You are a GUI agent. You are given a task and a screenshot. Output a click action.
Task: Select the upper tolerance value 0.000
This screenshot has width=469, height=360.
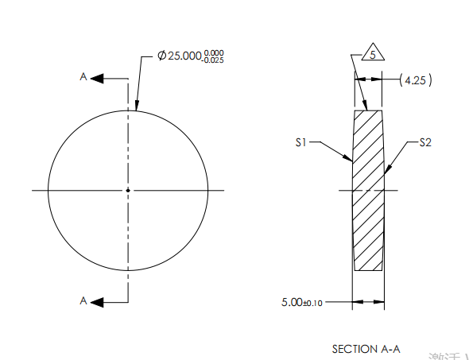tap(213, 52)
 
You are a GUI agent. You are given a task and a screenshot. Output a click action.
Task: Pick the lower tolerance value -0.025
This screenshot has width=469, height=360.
tap(212, 60)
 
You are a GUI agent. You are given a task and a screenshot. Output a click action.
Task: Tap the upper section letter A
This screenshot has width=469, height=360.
tap(83, 77)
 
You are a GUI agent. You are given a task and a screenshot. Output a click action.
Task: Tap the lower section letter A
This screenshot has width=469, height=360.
tap(83, 300)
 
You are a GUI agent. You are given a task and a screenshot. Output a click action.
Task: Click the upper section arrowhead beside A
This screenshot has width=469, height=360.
tap(98, 78)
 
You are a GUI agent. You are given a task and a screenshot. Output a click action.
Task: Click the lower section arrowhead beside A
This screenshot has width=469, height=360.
tap(98, 301)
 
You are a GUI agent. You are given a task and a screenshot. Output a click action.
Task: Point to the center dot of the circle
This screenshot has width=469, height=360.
tap(127, 190)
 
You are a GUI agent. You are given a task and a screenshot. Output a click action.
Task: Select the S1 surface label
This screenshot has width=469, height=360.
tap(300, 143)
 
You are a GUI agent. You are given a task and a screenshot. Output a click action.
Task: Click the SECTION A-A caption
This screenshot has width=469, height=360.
tap(366, 349)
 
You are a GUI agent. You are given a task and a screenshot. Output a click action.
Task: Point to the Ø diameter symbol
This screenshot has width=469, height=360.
tap(161, 56)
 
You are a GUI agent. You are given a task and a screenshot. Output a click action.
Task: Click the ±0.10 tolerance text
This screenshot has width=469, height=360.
tap(316, 303)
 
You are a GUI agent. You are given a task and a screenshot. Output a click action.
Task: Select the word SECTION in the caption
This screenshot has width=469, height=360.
tap(351, 349)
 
